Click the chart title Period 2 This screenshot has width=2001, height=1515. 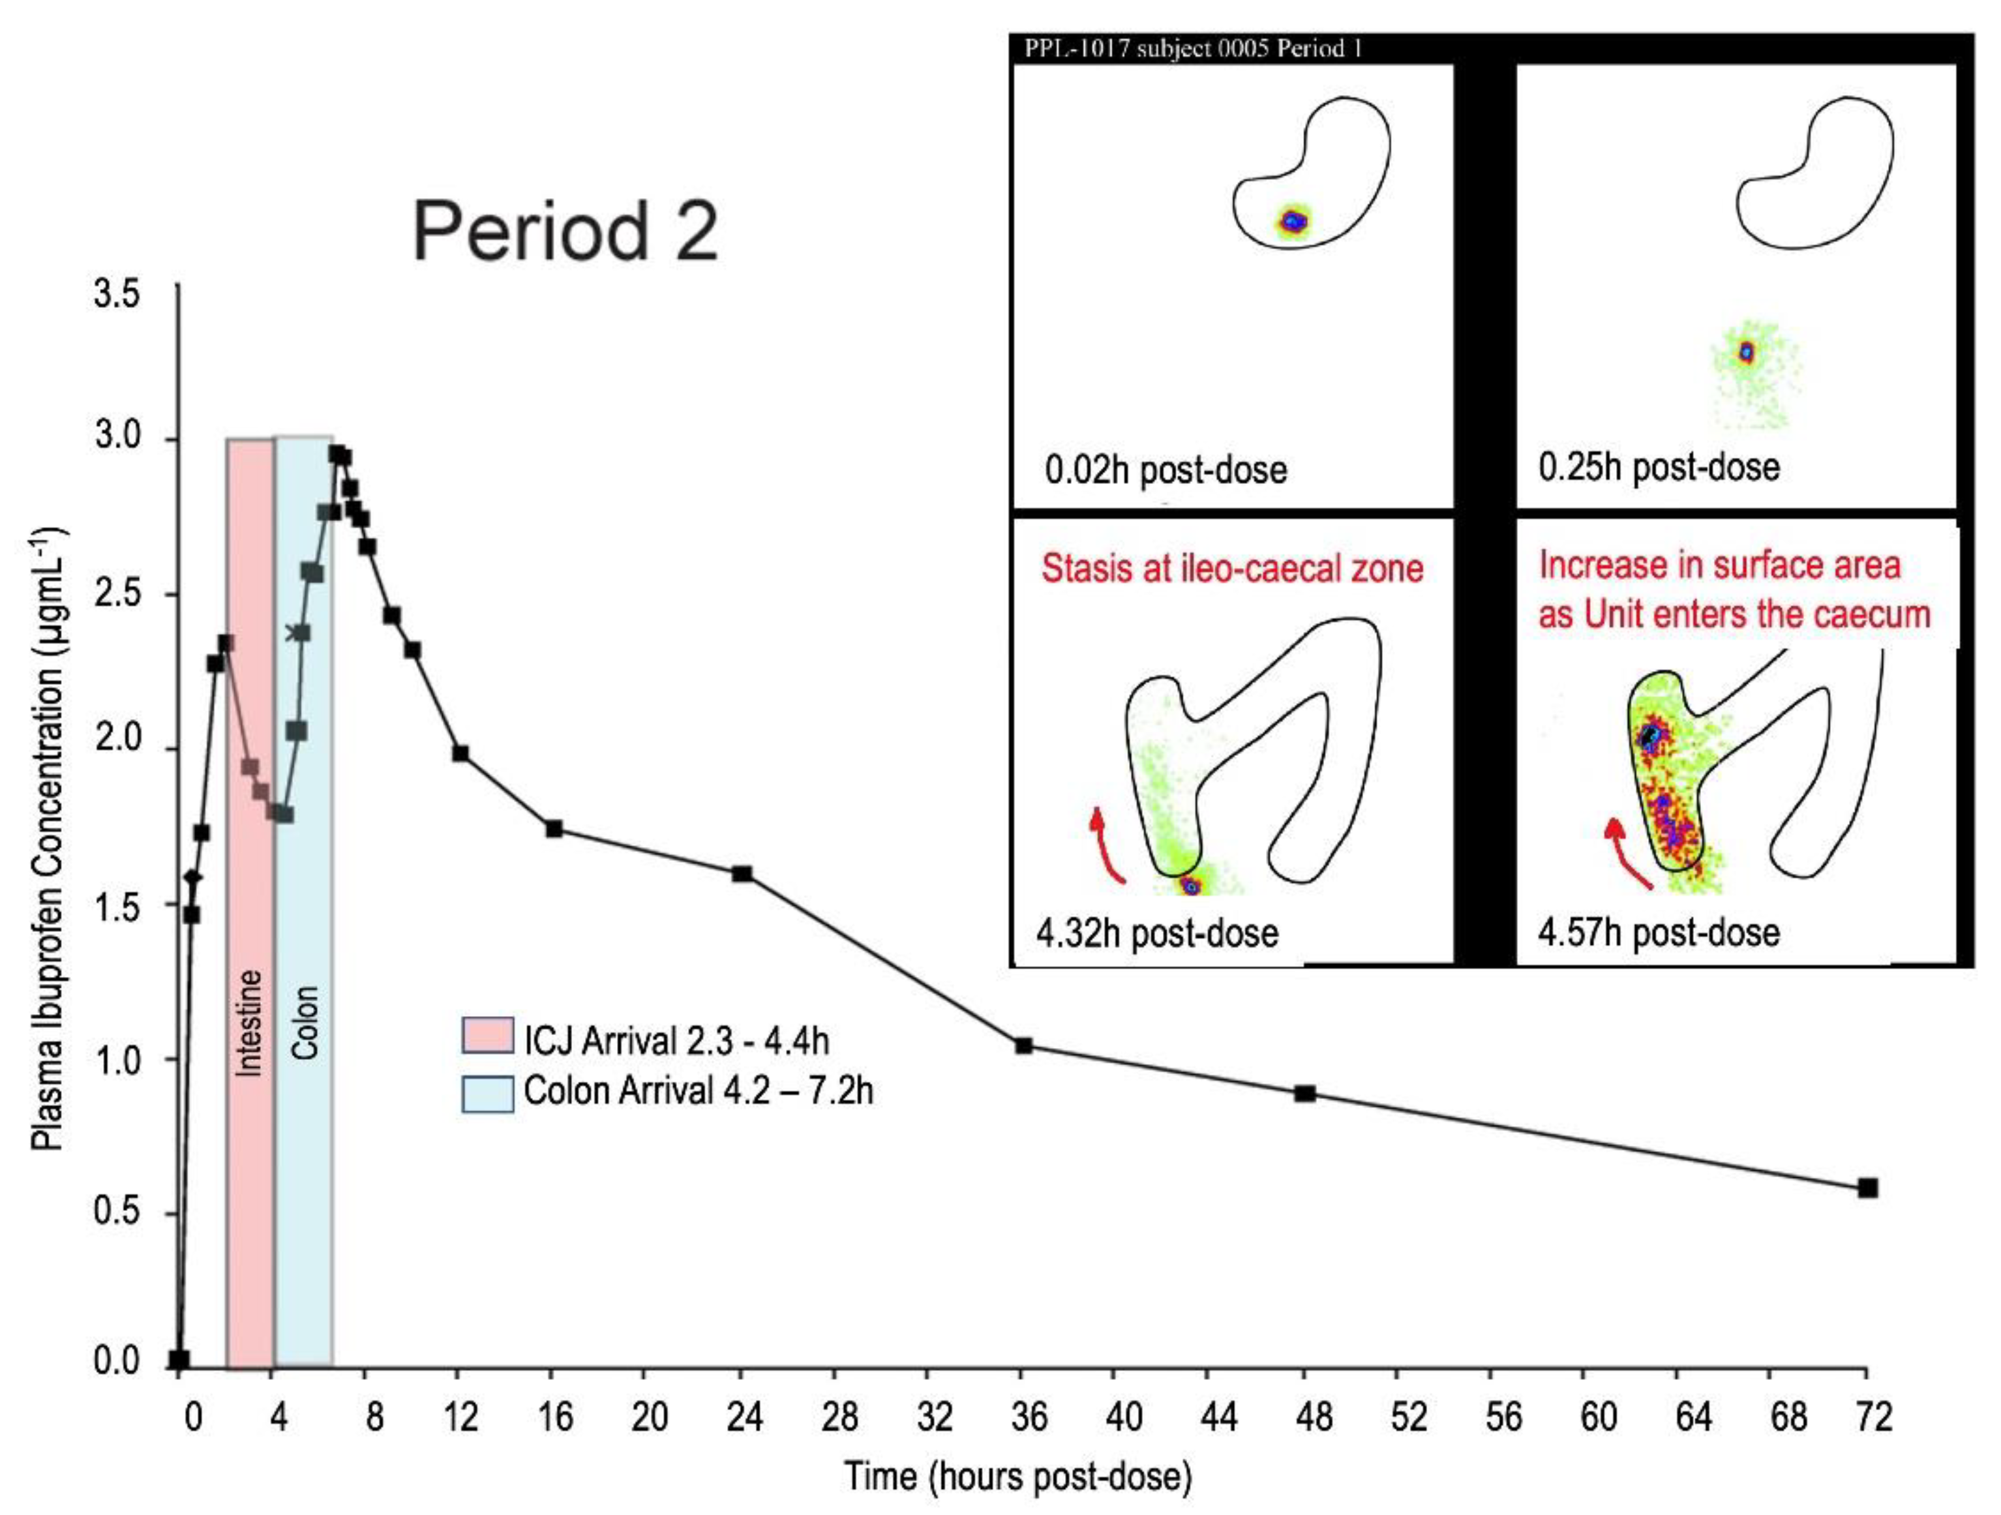pos(565,231)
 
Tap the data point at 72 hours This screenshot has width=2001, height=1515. pos(1867,1188)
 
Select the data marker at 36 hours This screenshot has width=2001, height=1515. pos(1023,1045)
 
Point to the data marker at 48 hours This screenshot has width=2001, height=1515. pos(1304,1092)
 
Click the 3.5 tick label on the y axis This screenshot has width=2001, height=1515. pos(117,295)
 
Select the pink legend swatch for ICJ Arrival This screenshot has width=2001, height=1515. pos(488,1036)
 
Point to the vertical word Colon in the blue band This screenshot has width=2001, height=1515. pos(305,1022)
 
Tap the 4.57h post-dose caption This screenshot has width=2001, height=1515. pos(1658,933)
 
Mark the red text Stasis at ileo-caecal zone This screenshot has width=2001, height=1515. pos(1232,568)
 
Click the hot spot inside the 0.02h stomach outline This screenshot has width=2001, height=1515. pos(1293,220)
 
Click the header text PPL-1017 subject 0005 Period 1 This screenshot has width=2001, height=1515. pos(1192,49)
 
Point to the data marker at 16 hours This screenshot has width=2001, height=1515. pos(554,828)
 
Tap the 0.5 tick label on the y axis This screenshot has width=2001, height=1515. pos(117,1211)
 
